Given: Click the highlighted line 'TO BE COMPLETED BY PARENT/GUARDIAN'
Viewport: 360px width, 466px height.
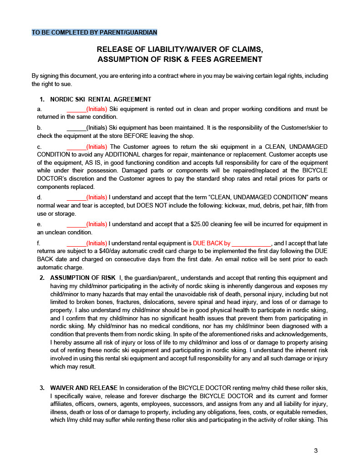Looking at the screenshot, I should [x=94, y=32].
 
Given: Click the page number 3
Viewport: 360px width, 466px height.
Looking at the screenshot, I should [x=316, y=451].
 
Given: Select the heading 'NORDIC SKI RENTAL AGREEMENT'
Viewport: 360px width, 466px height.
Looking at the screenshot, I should [x=101, y=99].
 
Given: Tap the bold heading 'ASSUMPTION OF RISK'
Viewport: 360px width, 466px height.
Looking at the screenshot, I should [x=82, y=278].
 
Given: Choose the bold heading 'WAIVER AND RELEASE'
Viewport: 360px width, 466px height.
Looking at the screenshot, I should [x=84, y=388].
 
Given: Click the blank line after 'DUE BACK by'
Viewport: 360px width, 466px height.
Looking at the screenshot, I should [x=251, y=243].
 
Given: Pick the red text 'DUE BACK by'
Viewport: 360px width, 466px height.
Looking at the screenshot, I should [x=212, y=243].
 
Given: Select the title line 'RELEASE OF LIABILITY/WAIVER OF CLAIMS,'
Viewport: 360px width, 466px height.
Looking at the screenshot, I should [x=180, y=49].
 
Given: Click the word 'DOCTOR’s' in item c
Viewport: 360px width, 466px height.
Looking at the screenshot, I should [x=48, y=179].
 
